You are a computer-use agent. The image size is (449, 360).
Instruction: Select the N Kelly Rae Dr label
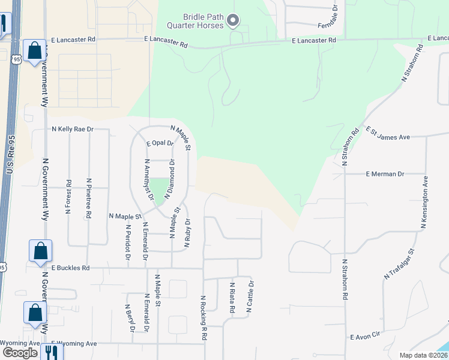pos(73,129)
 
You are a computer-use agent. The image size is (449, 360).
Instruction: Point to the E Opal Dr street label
pos(160,143)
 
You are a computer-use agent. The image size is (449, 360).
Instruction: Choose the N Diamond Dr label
pos(172,179)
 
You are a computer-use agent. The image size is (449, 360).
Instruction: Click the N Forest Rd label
pos(68,197)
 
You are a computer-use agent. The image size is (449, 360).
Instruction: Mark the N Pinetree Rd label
pos(89,197)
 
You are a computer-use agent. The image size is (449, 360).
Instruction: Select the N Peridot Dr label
pos(128,242)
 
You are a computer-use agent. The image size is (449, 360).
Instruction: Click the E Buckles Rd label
pos(70,268)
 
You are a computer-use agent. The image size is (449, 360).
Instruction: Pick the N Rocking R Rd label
pos(203,318)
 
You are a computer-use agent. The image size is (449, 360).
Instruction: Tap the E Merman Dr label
pos(385,174)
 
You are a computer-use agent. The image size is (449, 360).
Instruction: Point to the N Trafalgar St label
pos(400,264)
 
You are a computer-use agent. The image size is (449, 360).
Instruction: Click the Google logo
pos(20,353)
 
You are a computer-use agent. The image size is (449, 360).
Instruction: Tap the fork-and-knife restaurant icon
pos(51,353)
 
